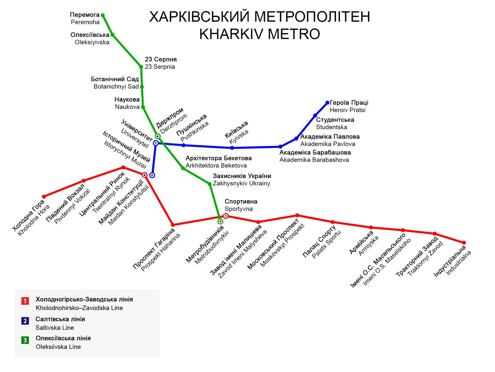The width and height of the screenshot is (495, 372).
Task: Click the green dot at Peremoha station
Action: click(x=103, y=15)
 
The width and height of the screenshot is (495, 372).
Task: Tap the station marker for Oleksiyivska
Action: click(x=112, y=35)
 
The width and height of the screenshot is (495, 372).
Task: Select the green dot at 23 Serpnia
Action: click(x=141, y=67)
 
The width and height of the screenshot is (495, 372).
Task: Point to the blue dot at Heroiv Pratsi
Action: click(x=327, y=103)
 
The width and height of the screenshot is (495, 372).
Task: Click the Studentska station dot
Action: click(x=315, y=116)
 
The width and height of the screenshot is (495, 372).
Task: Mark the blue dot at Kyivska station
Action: click(x=232, y=148)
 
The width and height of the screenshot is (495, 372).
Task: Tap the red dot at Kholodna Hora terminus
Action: click(x=44, y=197)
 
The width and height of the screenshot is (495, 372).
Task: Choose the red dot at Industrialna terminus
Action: click(x=464, y=243)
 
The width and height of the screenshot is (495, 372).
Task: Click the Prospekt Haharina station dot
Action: click(x=173, y=225)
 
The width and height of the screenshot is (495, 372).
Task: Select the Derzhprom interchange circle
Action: click(x=158, y=136)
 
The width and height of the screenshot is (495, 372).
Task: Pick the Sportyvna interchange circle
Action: click(x=226, y=216)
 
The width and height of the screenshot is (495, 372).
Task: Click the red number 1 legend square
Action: click(x=25, y=301)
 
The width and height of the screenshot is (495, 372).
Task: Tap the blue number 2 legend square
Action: click(x=25, y=321)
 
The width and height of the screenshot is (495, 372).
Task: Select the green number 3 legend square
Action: click(x=25, y=340)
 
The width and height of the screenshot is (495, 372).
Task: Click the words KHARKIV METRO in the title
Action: click(x=260, y=34)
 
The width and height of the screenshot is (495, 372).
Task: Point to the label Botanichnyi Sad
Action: click(x=116, y=87)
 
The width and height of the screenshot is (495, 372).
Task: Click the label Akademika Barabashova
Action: click(x=314, y=160)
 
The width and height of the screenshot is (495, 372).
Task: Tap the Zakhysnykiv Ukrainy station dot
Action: click(x=209, y=184)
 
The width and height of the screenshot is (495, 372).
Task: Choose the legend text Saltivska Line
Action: click(x=55, y=327)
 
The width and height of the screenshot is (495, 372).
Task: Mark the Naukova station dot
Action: click(x=143, y=107)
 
